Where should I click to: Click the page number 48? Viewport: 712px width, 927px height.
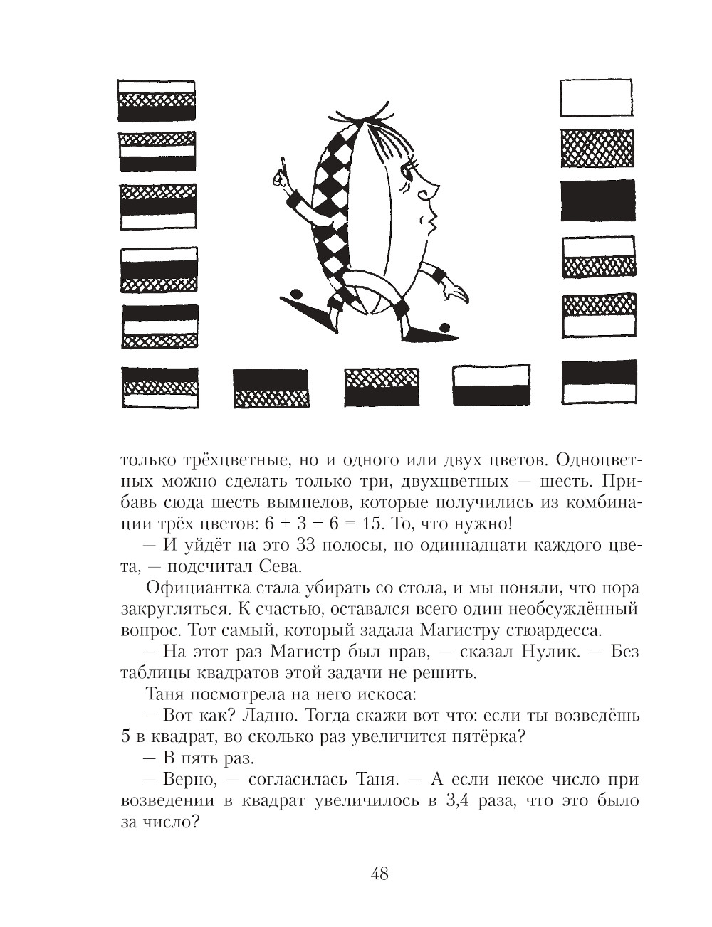pos(379,874)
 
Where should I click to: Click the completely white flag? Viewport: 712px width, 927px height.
pos(596,97)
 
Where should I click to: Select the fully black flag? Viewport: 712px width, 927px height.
pos(597,200)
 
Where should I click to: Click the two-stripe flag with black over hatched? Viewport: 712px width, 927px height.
pos(271,388)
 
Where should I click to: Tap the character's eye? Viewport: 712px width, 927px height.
pos(408,171)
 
